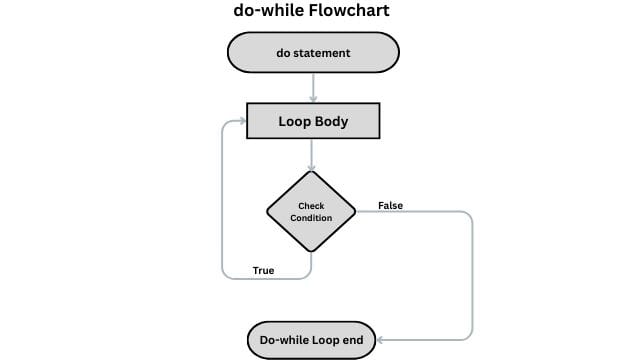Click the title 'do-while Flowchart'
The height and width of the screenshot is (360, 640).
coord(312,12)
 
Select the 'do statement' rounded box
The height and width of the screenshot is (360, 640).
coord(313,53)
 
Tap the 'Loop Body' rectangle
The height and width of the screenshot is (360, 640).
coord(313,122)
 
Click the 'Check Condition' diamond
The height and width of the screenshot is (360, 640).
coord(312,212)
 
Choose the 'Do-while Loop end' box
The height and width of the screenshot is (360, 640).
coord(312,341)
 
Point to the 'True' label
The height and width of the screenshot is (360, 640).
coord(263,271)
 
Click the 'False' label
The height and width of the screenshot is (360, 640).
coord(390,206)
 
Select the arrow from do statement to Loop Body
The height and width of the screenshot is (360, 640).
coord(313,88)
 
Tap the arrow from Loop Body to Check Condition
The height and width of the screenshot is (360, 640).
coord(313,154)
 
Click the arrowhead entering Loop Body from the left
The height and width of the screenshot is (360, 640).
coord(241,122)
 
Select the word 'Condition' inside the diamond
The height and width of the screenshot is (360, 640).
coord(312,218)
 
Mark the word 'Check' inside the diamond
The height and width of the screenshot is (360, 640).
coord(312,206)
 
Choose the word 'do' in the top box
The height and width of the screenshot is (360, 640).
coord(283,53)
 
